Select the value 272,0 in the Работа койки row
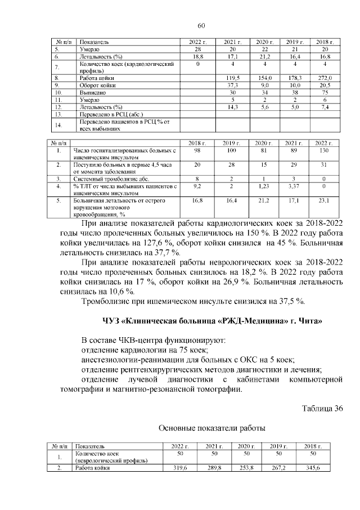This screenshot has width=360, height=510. pos(326,77)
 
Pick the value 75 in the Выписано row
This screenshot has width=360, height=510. pos(326,92)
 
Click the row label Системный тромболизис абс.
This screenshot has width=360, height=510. pos(108,177)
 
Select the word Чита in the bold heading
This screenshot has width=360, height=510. pos(310,321)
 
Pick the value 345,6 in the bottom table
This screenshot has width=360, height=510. pos(319,468)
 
